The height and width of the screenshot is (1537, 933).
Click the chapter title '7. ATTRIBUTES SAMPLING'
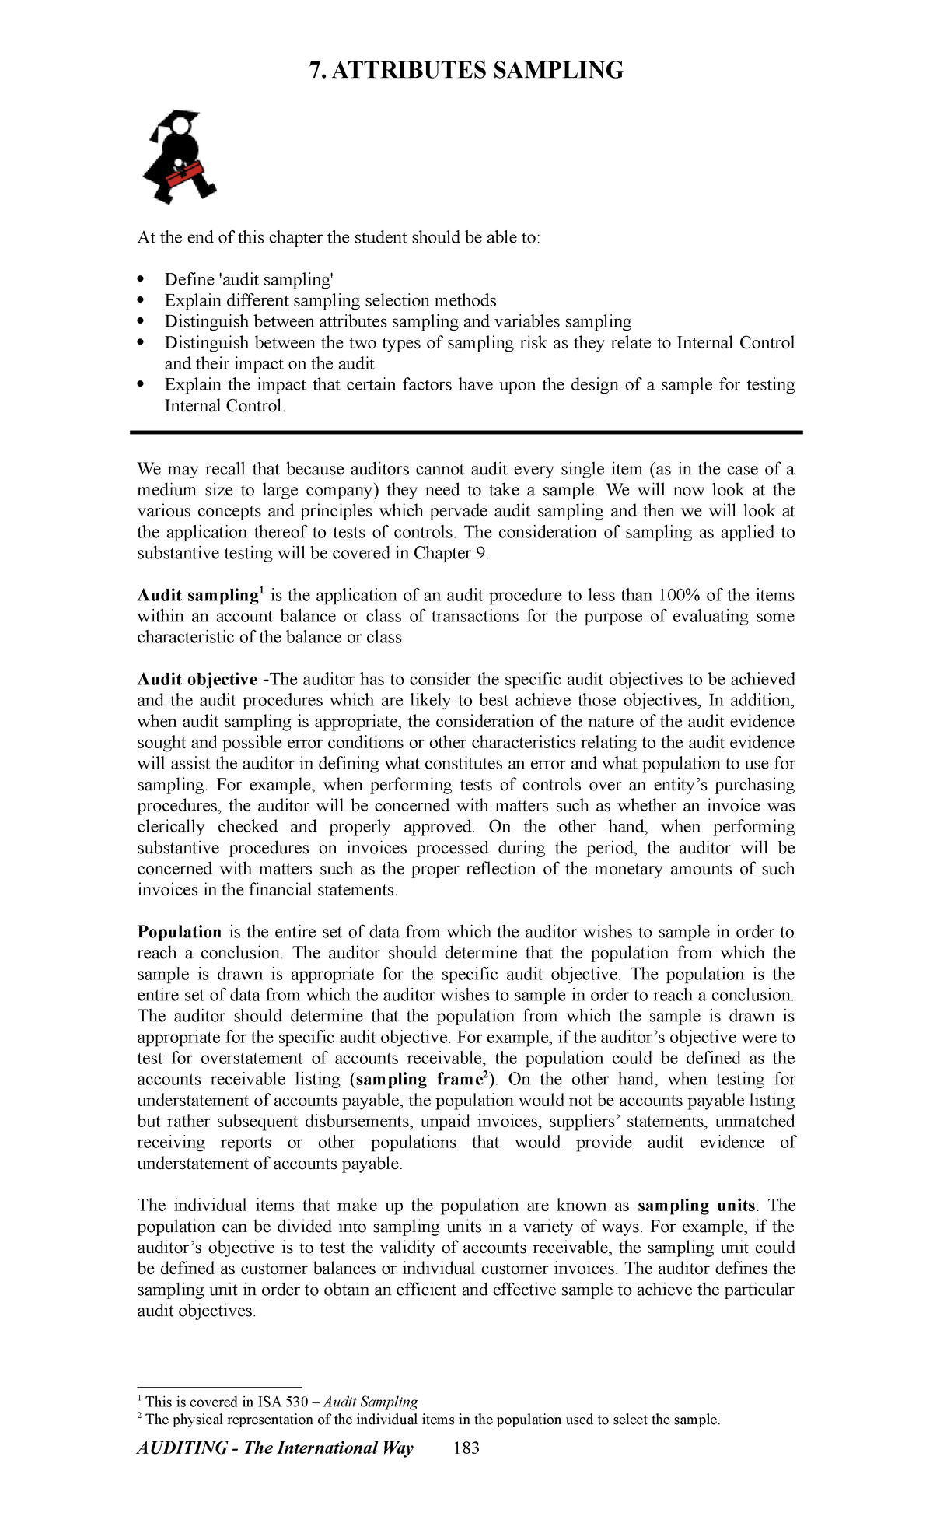466,71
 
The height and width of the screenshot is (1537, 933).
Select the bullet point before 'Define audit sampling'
141,280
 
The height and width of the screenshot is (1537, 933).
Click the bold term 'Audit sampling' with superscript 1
197,596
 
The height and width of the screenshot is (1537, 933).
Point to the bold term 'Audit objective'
197,680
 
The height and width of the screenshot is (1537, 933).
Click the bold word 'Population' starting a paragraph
180,932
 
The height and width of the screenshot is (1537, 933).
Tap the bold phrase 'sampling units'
696,1206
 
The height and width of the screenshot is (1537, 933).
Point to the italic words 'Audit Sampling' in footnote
370,1402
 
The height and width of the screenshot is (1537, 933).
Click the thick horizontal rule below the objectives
466,432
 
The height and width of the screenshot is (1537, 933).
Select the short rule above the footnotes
219,1387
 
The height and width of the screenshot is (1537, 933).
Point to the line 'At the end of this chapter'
337,238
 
